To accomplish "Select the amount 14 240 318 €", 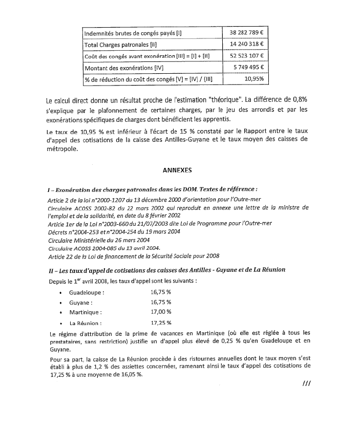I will click(246, 45).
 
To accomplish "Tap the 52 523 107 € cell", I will click(246, 56).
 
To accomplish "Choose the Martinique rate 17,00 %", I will click(161, 312).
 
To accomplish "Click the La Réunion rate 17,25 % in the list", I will click(161, 323).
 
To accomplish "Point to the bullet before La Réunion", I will click(61, 324).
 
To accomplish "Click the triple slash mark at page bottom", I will click(307, 383).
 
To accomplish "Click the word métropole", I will click(62, 150).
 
